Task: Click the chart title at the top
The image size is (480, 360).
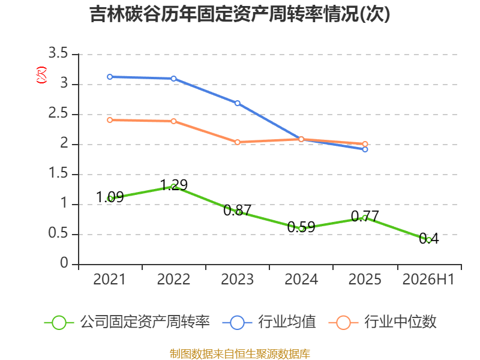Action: (x=239, y=14)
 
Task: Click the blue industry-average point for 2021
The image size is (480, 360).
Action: (x=110, y=77)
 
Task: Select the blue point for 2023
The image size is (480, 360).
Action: (x=237, y=103)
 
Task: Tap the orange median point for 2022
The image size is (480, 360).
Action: (x=173, y=121)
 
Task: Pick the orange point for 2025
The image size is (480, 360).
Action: (x=365, y=144)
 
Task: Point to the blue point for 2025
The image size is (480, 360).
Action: (x=365, y=149)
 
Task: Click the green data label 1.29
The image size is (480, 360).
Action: (x=174, y=185)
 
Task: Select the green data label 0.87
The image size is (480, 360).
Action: (x=237, y=210)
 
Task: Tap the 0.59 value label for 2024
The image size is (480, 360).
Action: (x=301, y=227)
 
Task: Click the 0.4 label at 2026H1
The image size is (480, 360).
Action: (x=428, y=238)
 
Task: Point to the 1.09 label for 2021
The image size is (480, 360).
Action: (x=110, y=197)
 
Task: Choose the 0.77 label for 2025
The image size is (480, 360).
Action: (x=365, y=216)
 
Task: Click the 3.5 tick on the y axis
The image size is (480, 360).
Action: (x=58, y=53)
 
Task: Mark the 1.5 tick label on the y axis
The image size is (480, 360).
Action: (x=58, y=173)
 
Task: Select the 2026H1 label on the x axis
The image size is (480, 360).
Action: (x=428, y=279)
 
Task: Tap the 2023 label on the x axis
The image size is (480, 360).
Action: (x=237, y=279)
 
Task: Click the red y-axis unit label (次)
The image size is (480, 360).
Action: (x=41, y=75)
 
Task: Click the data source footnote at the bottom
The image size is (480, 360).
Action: (x=240, y=353)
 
